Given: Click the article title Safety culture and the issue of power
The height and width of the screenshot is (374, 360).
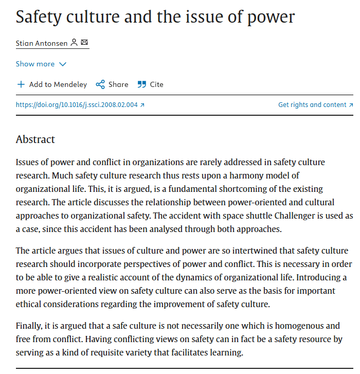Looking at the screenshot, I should [155, 17].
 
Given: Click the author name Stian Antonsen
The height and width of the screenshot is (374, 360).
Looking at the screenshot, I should [42, 43].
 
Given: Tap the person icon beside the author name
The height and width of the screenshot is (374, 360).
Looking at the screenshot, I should [74, 43].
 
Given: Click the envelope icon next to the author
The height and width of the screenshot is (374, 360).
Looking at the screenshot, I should [84, 43].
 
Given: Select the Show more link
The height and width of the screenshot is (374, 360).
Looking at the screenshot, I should [35, 64].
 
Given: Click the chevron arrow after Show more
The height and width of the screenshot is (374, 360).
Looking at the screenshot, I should [63, 64].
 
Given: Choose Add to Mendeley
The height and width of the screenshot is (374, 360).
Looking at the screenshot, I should [58, 84].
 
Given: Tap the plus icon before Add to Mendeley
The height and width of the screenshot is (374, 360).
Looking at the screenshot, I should [21, 84].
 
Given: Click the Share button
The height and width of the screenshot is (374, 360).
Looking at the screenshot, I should [118, 84].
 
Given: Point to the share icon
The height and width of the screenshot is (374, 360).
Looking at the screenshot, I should [100, 84].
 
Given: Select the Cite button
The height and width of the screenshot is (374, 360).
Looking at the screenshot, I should [156, 84].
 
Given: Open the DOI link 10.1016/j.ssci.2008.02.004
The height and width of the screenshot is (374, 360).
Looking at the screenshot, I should [77, 105].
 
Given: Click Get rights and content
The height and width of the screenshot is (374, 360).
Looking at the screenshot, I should [312, 105].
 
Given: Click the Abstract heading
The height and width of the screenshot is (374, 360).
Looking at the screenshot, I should [35, 139].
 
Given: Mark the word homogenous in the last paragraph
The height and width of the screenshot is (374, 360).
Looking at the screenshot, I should [287, 326].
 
